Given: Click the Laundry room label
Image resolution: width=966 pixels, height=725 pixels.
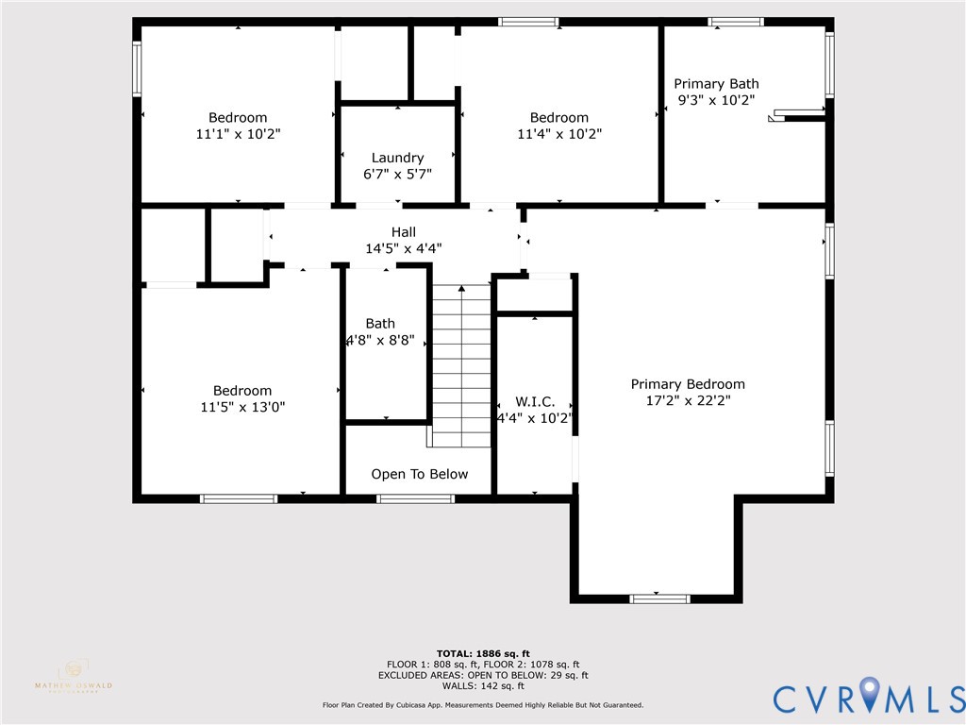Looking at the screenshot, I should [397, 158].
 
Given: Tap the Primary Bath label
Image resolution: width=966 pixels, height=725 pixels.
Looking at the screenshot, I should [716, 84].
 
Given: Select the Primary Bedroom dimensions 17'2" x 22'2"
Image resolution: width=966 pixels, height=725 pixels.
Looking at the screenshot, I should [688, 400].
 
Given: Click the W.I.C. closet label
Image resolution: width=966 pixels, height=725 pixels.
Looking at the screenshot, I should [534, 401].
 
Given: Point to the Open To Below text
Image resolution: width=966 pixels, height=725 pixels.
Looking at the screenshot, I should [419, 474].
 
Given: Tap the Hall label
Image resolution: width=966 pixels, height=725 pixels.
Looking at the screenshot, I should [403, 232].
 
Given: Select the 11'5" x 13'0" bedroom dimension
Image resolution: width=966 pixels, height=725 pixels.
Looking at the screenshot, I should [242, 407].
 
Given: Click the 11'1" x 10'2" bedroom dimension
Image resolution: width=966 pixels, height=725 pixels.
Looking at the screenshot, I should [238, 134].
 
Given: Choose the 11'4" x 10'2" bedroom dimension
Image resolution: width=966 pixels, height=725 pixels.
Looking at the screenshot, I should [558, 134].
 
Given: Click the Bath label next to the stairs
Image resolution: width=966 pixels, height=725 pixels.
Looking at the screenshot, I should [380, 324].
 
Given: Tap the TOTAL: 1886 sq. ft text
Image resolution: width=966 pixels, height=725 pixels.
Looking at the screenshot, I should [483, 653].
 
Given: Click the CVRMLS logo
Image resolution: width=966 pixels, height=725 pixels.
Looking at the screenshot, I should [869, 697].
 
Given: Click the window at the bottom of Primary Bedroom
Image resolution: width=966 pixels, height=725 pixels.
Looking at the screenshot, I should [659, 599].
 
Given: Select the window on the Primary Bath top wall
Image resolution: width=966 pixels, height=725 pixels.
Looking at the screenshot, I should [736, 22].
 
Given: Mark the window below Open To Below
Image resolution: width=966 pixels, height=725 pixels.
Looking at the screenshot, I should [415, 498].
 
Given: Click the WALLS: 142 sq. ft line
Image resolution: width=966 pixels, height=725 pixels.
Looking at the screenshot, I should [483, 686].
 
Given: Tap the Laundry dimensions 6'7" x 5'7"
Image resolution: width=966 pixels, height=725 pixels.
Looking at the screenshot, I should [397, 174].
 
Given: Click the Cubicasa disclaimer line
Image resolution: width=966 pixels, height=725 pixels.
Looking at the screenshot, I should [483, 705].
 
